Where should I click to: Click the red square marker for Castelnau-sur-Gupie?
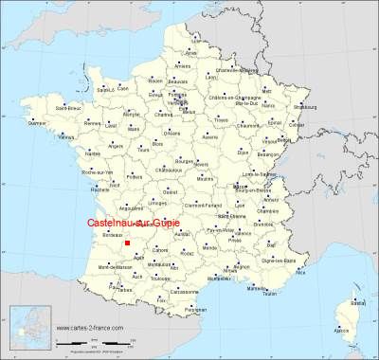127,243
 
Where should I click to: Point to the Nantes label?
92,153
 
